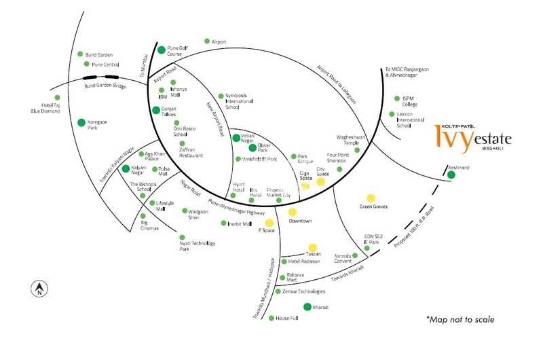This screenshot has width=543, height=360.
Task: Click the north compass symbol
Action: [39, 288]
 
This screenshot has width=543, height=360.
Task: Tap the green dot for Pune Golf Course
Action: [162, 50]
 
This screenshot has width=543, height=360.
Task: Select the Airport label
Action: [219, 42]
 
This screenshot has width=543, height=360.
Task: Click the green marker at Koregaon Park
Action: [81, 123]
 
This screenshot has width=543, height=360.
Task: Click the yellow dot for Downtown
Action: [293, 213]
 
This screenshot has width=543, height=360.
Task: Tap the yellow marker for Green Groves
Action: [371, 198]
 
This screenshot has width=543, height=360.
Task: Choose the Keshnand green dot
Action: [451, 175]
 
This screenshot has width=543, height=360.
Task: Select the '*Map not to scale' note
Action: [460, 319]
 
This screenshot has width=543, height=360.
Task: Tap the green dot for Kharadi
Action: [307, 307]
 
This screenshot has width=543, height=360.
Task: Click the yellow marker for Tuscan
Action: [312, 248]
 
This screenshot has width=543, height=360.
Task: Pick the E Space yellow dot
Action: [269, 223]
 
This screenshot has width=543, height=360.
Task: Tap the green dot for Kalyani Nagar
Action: [126, 167]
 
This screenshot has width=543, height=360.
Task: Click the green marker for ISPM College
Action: [396, 98]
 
